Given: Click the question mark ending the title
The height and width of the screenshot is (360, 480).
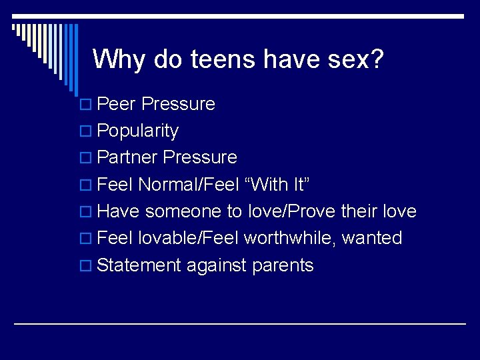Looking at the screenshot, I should [x=377, y=59].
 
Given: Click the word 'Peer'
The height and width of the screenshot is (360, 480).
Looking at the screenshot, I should [x=117, y=104].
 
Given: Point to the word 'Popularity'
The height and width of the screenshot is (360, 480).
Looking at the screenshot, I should [x=137, y=131].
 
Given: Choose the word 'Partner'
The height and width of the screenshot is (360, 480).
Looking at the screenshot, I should [x=127, y=157].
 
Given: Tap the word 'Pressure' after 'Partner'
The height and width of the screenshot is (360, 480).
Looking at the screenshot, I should [x=200, y=157].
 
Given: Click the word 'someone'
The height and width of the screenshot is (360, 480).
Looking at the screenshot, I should [x=184, y=212].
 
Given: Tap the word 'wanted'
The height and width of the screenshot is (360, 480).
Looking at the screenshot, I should [x=372, y=238].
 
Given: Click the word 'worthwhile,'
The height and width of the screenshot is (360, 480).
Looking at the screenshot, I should [x=290, y=238].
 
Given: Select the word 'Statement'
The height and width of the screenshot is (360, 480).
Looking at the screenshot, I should [x=139, y=265].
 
